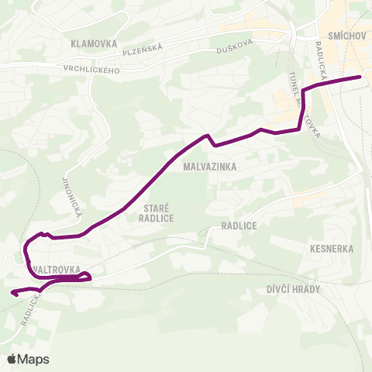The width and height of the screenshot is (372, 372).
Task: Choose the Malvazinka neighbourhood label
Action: click(210, 166)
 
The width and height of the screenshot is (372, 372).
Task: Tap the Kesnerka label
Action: click(331, 250)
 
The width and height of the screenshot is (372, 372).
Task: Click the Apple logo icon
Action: click(12, 359)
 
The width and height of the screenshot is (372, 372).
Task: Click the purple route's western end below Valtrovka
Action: click(12, 293)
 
